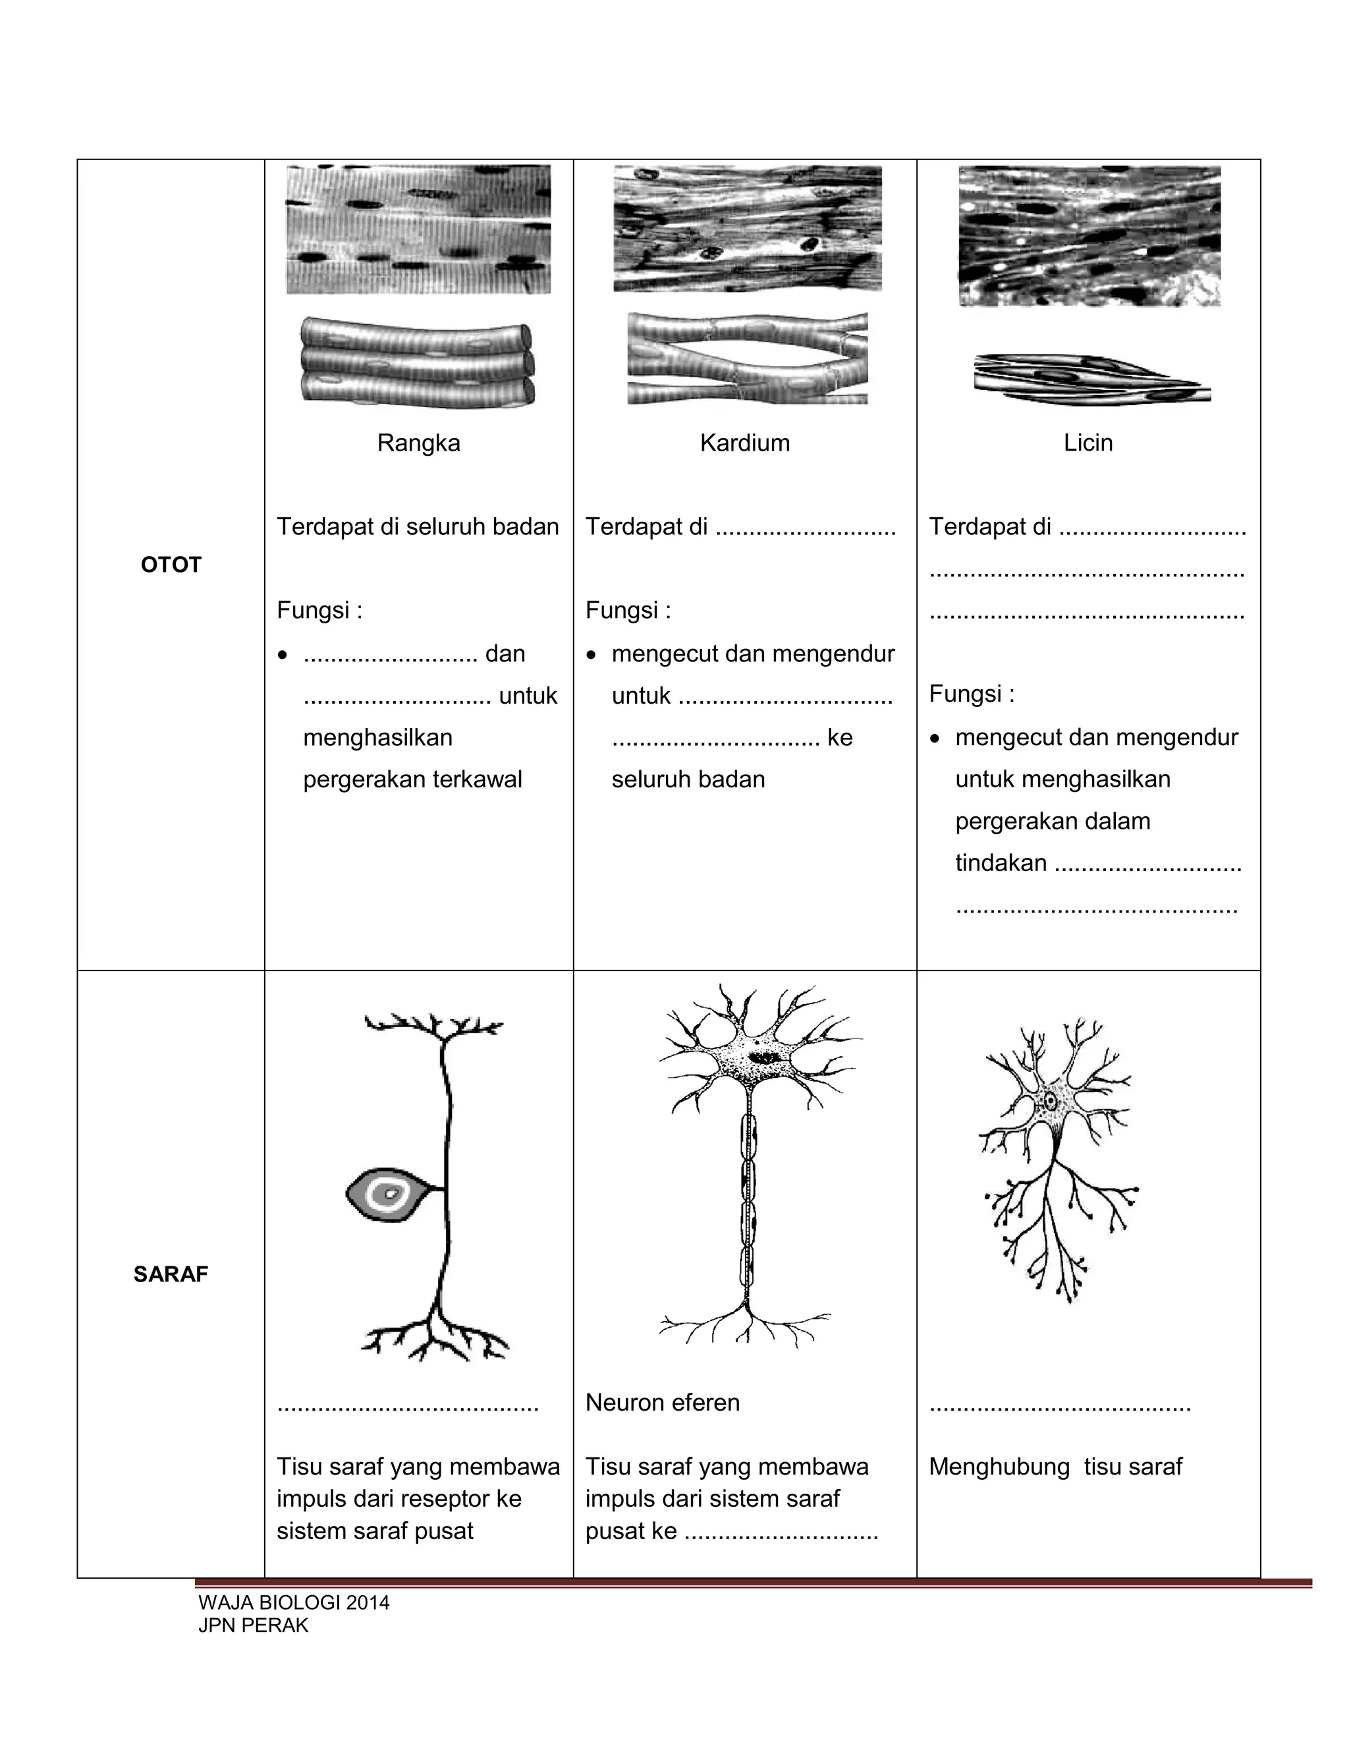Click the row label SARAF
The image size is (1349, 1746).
pos(170,1274)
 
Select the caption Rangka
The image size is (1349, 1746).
pos(418,443)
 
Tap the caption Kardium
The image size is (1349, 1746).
pos(744,443)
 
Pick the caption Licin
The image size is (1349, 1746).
pos(1087,443)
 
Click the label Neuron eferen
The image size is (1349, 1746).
pos(663,1402)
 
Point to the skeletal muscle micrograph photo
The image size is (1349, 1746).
pos(418,229)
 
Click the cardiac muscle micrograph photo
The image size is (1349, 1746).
pos(747,229)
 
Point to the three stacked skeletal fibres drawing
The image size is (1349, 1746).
pos(417,362)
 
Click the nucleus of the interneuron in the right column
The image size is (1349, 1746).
pos(1051,1102)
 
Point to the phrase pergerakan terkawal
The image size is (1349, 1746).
pos(412,779)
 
